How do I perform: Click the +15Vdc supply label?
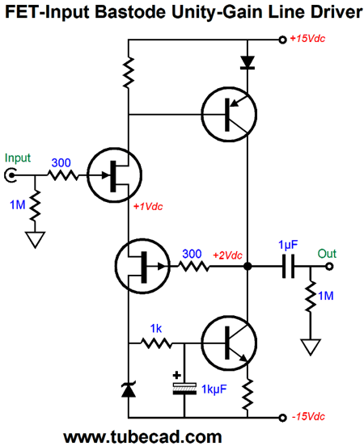(307, 39)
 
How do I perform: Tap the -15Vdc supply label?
(308, 417)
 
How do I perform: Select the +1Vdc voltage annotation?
(148, 207)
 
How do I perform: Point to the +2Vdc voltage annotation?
(227, 255)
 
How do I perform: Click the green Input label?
(18, 158)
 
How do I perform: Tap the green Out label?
(327, 254)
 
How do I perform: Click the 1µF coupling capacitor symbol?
(288, 267)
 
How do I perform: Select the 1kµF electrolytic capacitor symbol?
(184, 389)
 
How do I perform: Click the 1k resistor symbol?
(157, 343)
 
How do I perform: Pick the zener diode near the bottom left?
(128, 389)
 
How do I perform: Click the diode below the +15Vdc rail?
(248, 62)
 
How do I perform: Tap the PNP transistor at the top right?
(229, 115)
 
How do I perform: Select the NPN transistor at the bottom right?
(229, 343)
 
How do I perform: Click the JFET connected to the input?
(115, 175)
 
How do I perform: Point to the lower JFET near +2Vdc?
(142, 267)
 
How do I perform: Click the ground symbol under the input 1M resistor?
(35, 240)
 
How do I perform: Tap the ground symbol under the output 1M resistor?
(311, 347)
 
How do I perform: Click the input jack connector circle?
(10, 175)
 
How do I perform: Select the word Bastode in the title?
(132, 12)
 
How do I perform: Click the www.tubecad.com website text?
(142, 436)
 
